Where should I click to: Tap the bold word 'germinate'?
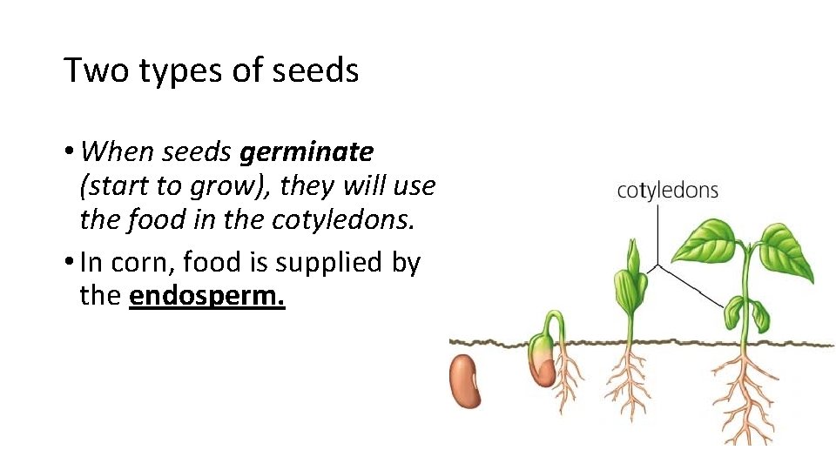coord(307,152)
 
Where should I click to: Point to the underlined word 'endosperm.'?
coord(207,295)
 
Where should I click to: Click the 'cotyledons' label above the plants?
coord(667,191)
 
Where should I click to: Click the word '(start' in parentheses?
coord(110,186)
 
